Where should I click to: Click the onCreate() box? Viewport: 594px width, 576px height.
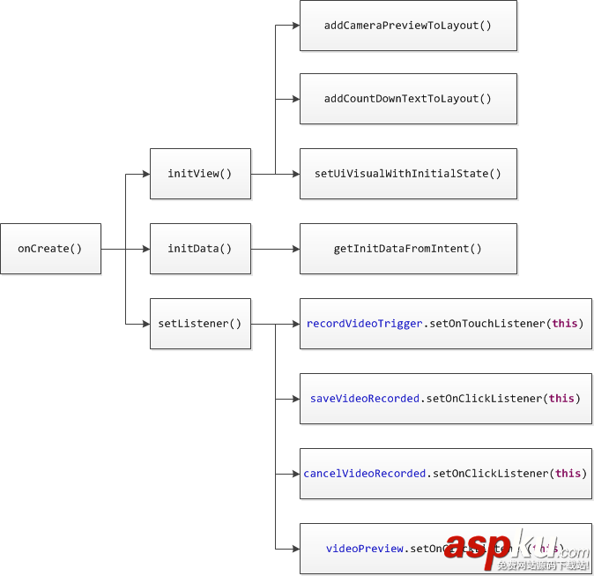pos(50,249)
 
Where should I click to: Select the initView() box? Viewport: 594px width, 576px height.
pos(200,174)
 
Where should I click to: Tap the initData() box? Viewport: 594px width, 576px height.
pos(200,249)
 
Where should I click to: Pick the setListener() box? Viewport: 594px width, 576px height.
pos(200,324)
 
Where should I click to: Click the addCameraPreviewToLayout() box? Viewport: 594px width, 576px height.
pos(408,26)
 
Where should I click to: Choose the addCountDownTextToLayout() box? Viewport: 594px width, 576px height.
pos(408,99)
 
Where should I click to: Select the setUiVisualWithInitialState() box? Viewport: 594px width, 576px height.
pos(408,174)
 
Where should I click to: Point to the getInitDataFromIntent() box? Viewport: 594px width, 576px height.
pos(408,249)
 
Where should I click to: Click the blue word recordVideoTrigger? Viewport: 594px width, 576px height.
pos(365,324)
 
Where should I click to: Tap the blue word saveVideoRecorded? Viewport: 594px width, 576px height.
pos(365,399)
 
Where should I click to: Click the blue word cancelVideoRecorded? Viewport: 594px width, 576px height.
pos(365,474)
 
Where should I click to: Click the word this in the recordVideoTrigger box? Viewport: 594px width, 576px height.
pos(565,324)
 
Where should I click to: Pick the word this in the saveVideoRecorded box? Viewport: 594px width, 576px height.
pos(561,399)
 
